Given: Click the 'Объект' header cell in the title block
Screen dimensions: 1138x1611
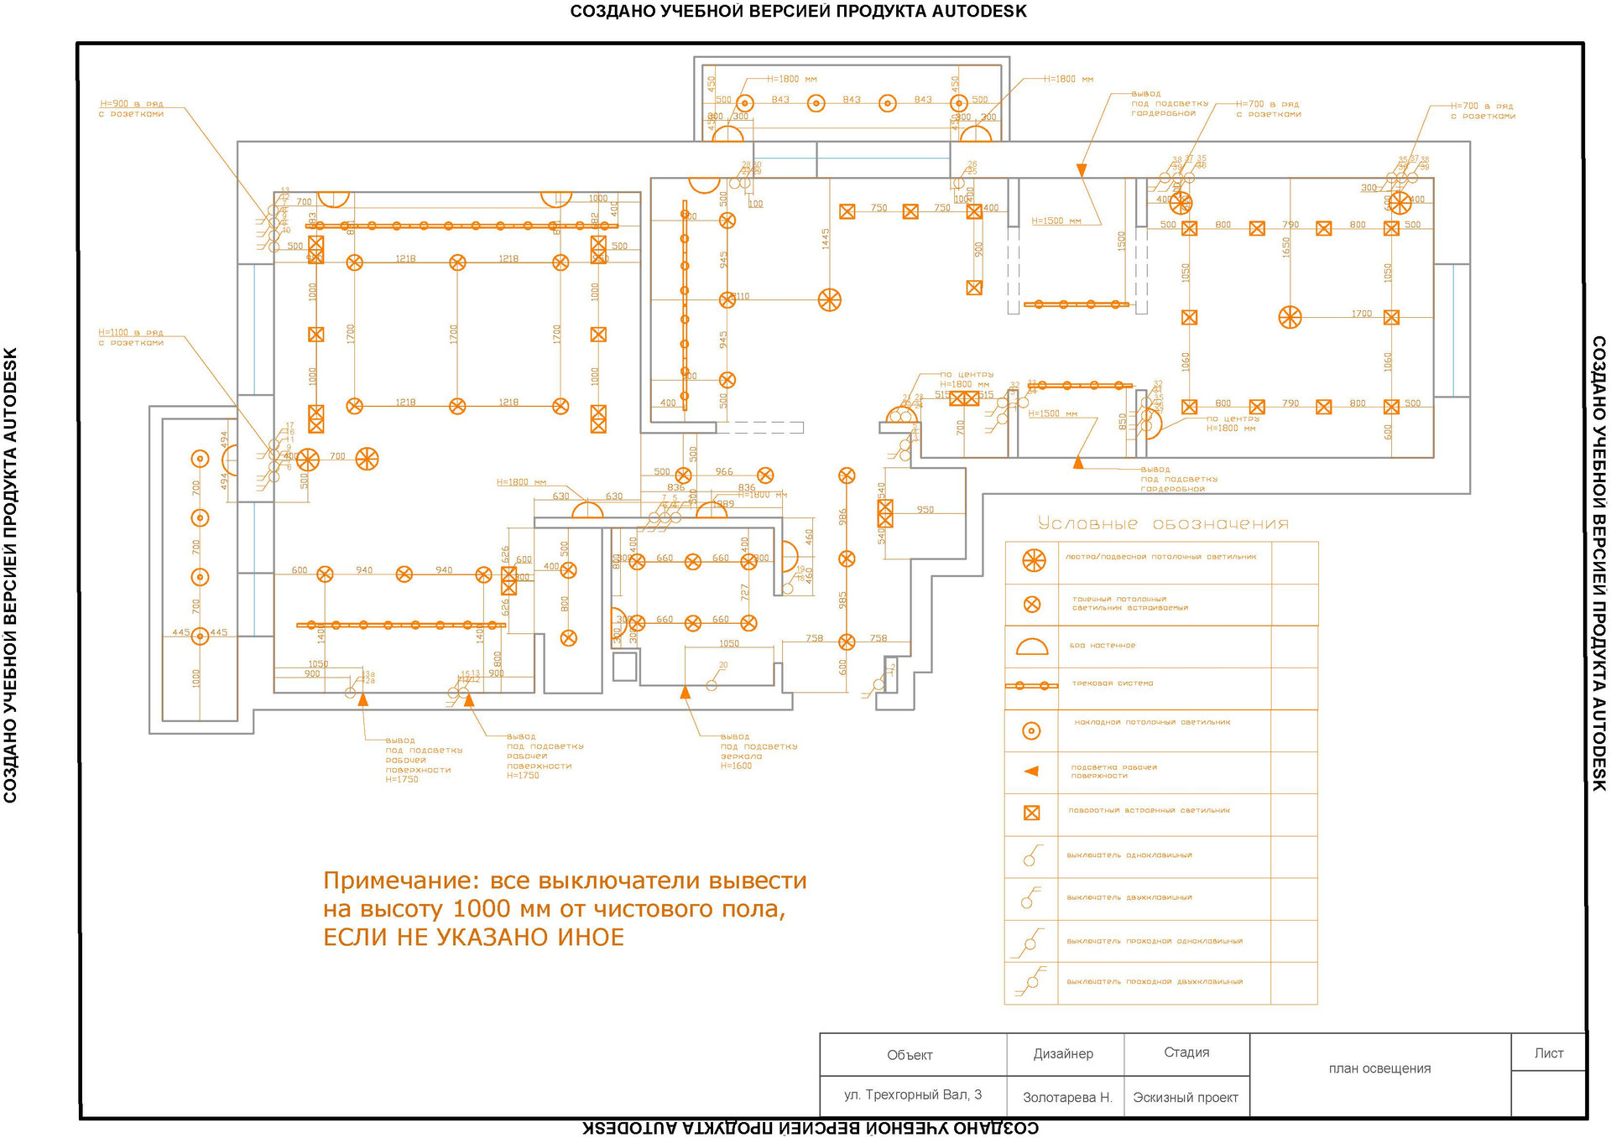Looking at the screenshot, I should [x=910, y=1055].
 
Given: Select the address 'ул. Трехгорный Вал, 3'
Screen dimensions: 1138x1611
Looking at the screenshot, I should [x=913, y=1094].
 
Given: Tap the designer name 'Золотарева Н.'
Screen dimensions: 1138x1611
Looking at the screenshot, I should [x=1067, y=1097].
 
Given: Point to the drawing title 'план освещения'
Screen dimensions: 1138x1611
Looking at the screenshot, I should [x=1379, y=1068].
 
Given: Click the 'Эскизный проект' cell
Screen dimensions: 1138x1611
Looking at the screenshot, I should [x=1186, y=1097].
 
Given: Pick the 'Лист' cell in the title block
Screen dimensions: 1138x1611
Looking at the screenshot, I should [x=1548, y=1053].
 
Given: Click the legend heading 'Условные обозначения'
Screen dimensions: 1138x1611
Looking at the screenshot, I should [x=1163, y=524].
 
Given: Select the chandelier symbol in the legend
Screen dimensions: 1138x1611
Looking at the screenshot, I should [x=1034, y=560].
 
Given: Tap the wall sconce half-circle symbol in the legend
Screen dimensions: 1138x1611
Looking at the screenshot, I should [x=1032, y=647].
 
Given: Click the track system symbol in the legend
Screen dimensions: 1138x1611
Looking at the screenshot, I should [x=1032, y=685].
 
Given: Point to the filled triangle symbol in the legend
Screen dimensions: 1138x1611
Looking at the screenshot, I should [x=1032, y=771].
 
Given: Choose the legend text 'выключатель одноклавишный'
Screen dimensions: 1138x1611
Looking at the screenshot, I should [x=1129, y=855].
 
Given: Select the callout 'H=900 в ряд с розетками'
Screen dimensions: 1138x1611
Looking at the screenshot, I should [x=132, y=109].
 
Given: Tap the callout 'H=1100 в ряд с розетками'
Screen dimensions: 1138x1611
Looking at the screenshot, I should [x=131, y=337].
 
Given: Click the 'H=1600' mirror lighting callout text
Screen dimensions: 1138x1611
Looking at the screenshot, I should [x=736, y=766].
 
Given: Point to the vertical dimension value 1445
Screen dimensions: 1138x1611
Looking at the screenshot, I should [x=826, y=239].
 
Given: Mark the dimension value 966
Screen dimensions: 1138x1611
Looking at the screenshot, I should [x=724, y=471].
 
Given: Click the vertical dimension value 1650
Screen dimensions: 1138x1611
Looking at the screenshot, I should [x=1285, y=247].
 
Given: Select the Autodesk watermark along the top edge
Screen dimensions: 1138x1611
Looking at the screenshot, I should [x=798, y=12].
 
